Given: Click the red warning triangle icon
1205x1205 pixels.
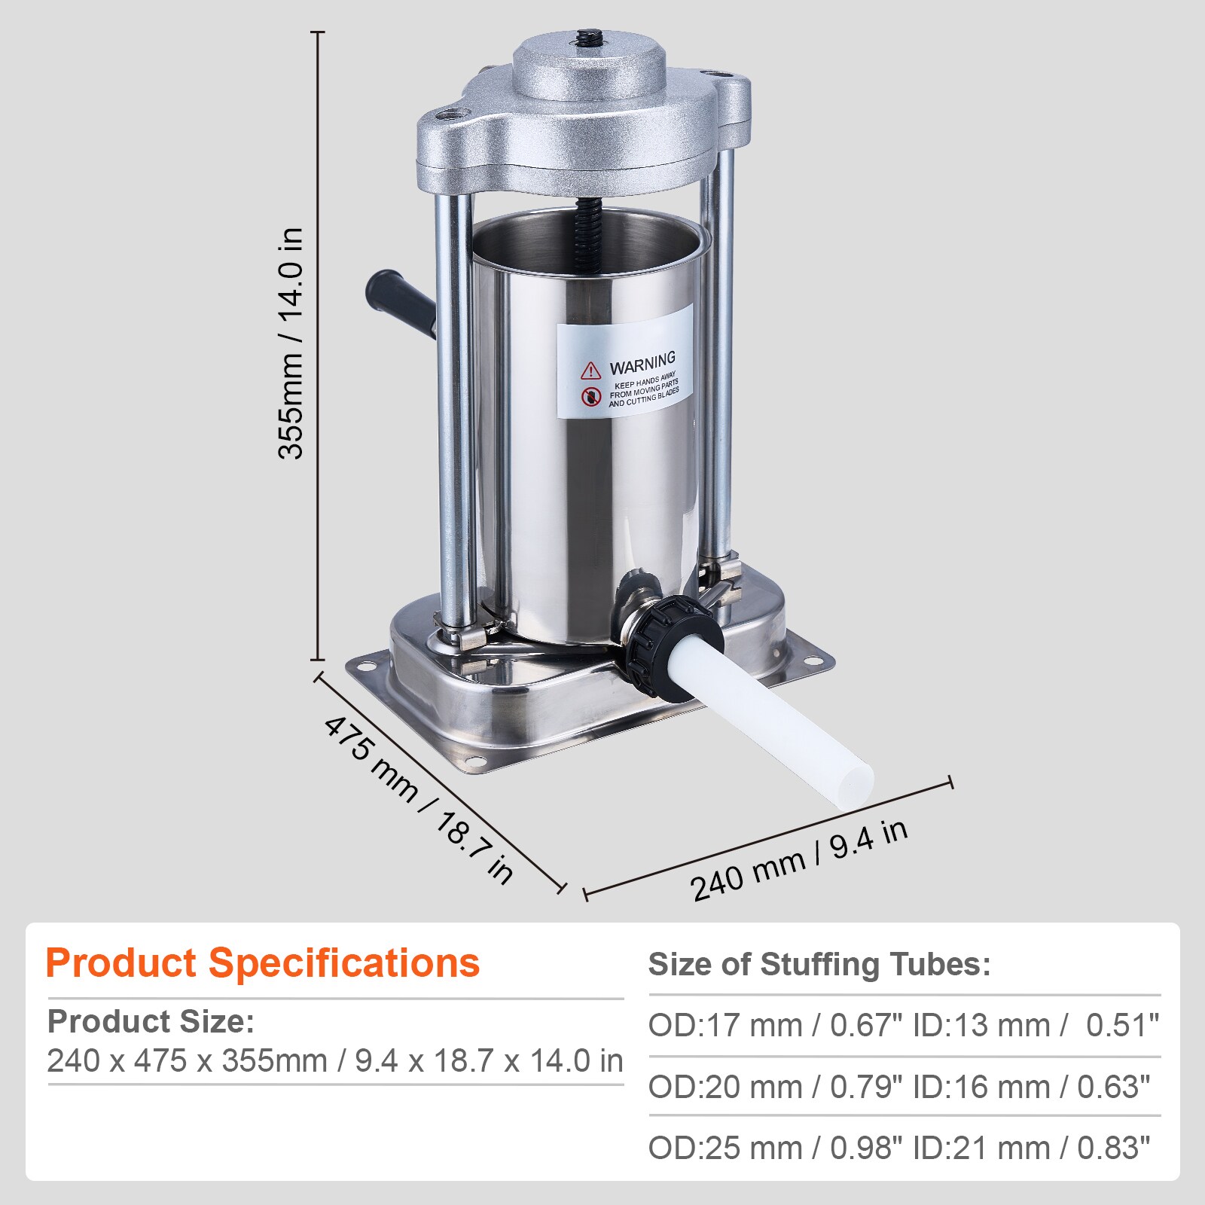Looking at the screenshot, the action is (590, 370).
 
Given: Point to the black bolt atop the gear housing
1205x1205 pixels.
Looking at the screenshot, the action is (587, 37).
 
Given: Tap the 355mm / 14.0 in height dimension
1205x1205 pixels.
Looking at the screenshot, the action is (291, 343).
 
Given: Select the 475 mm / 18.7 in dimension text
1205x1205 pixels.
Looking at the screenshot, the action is (419, 800).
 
